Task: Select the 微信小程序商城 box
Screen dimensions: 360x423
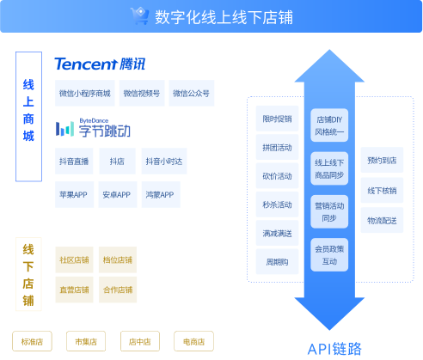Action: pos(84,93)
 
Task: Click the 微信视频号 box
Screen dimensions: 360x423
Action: pos(141,93)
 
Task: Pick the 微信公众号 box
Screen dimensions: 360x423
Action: pos(191,93)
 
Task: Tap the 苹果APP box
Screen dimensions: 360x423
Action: pos(73,195)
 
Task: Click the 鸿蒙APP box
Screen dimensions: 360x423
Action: pos(159,195)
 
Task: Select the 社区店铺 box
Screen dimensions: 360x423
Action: pos(73,260)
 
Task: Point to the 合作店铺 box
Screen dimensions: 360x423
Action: pos(117,290)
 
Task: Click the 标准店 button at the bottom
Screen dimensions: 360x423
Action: pos(32,341)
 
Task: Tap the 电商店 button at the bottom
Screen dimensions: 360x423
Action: pos(193,341)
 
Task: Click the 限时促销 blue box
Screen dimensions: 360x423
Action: pos(277,119)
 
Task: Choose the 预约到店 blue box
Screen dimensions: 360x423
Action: pos(381,160)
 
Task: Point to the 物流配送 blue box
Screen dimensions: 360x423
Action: pos(381,220)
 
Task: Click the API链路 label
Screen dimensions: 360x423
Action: pos(334,348)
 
